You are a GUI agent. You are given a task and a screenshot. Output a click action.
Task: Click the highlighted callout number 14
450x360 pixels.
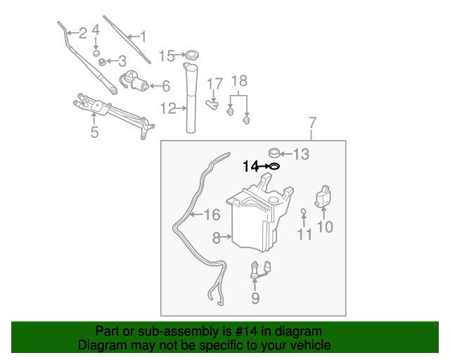[250, 167]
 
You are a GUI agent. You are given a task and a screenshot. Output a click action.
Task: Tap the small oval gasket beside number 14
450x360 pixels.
[274, 167]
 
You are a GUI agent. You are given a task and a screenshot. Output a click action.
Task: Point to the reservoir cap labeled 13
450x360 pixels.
[275, 152]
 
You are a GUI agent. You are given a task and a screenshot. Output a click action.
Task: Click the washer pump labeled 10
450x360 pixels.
[324, 196]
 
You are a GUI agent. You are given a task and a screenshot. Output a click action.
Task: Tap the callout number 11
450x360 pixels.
[304, 234]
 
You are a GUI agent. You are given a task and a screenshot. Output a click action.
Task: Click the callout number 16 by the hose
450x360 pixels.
[212, 215]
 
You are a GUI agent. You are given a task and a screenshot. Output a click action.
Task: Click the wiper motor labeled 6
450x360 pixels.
[135, 84]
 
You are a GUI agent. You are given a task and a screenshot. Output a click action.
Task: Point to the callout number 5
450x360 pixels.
[94, 131]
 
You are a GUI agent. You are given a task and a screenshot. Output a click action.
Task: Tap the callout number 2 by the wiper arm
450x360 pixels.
[82, 32]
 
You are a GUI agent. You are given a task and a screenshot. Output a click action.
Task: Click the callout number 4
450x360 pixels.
[96, 32]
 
